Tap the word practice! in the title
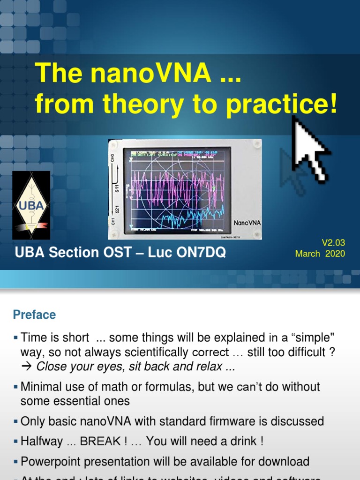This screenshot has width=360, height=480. click(281, 105)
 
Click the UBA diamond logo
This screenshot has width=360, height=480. click(31, 205)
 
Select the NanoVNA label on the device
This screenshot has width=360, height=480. click(247, 223)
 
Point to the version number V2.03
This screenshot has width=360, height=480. click(333, 242)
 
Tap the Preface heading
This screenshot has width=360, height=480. click(34, 315)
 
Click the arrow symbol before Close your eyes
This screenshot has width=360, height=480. click(27, 367)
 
